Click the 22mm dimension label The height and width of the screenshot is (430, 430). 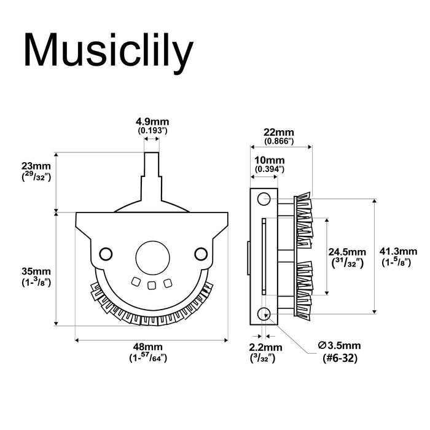(278, 131)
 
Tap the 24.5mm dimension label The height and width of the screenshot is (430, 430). (348, 252)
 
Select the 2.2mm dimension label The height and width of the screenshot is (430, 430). (265, 347)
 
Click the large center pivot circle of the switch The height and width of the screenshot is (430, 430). (150, 253)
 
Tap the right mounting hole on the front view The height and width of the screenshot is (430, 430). (200, 252)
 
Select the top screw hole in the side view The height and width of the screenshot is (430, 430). (264, 198)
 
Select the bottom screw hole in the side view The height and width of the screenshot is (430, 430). (264, 313)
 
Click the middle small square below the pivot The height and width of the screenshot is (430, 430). (151, 284)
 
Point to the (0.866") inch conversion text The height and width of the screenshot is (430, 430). (278, 141)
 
